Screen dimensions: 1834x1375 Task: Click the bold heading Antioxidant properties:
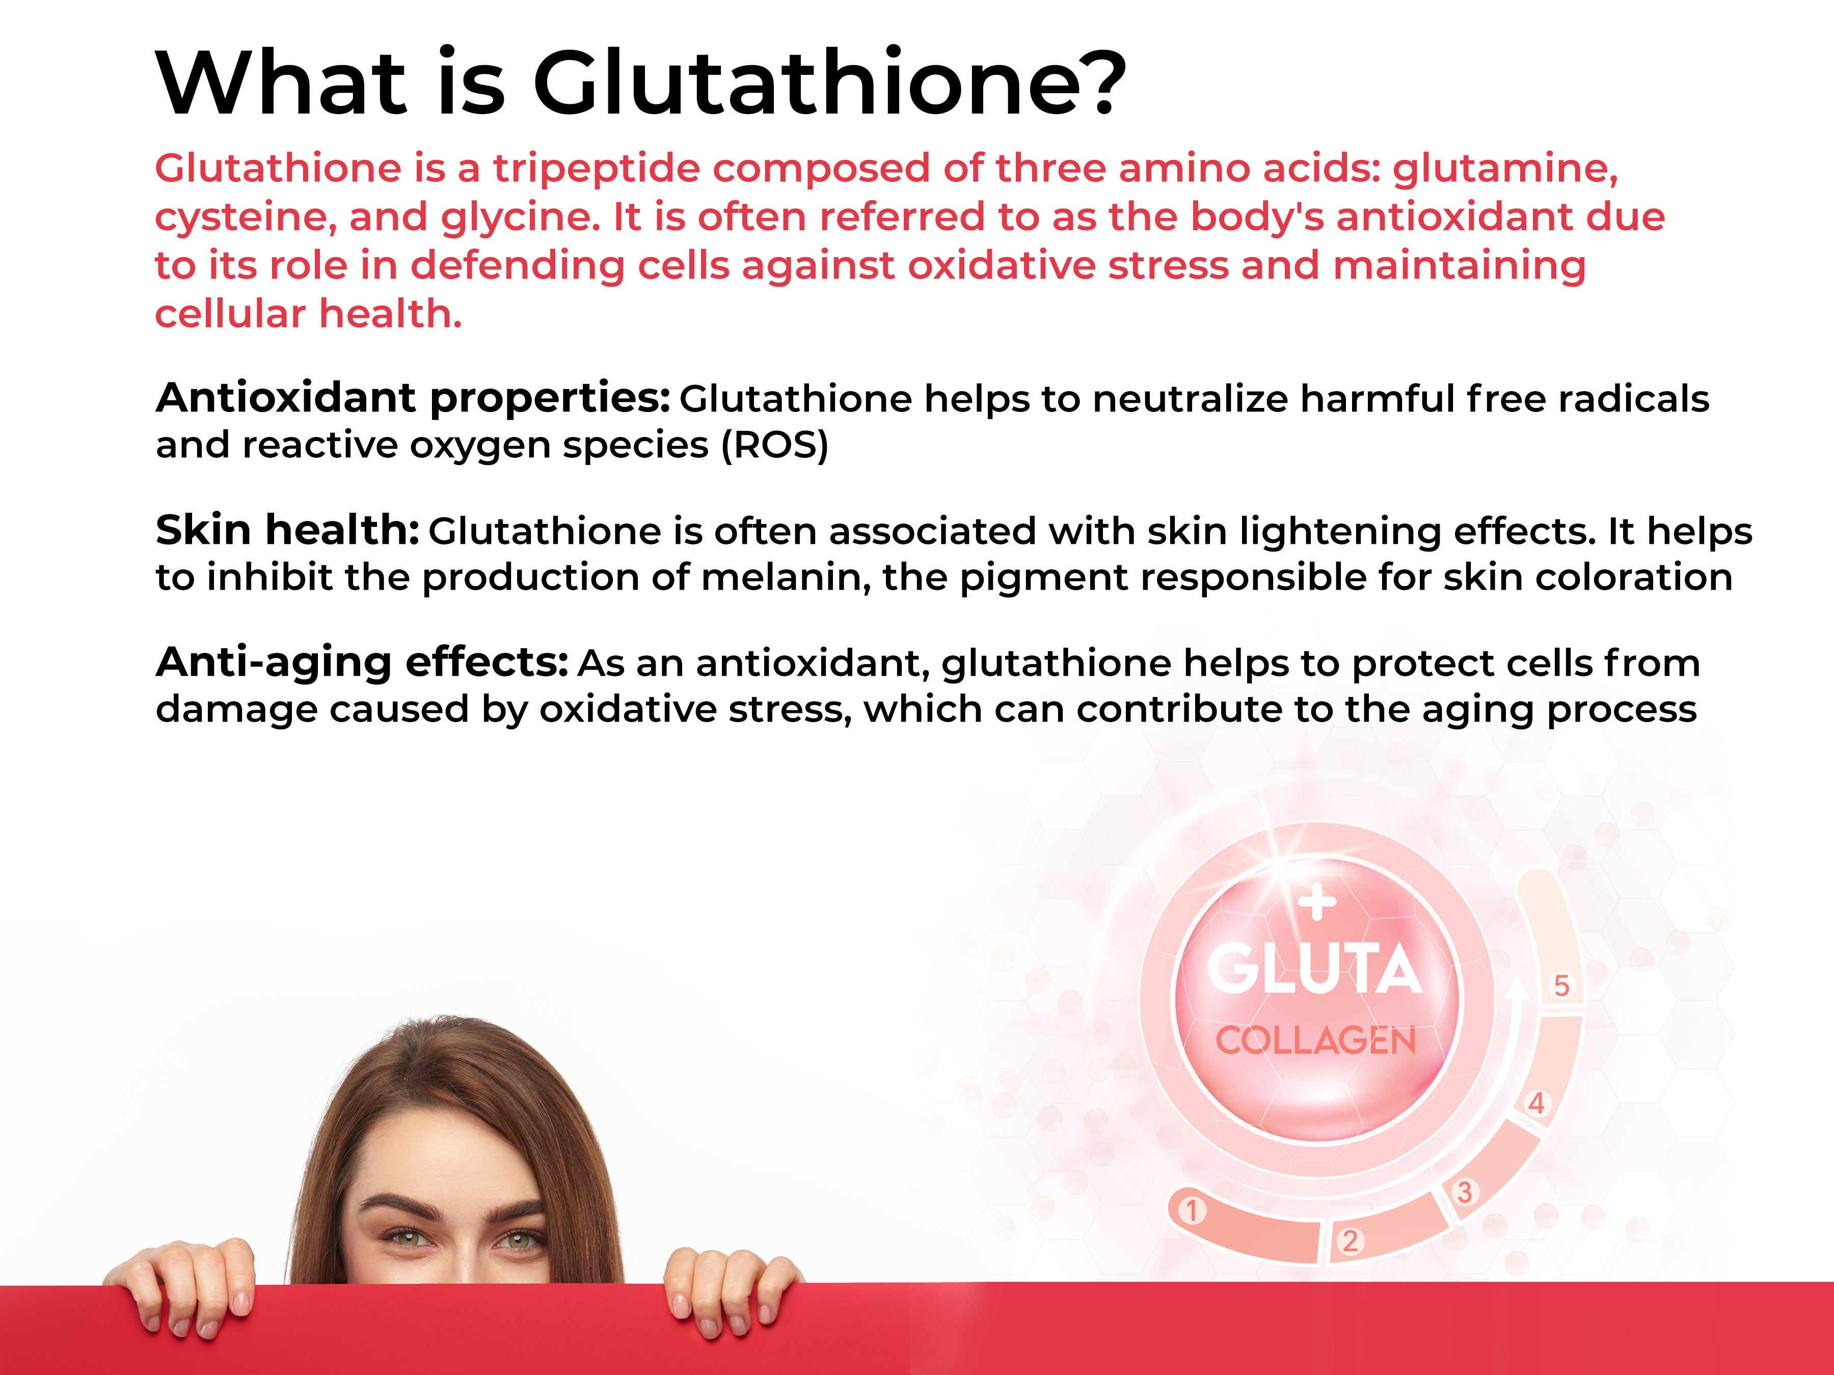click(413, 398)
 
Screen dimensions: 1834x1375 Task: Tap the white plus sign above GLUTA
click(1317, 902)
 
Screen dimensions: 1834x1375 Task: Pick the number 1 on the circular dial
click(1192, 1211)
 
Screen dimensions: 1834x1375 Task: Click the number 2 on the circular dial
click(1351, 1241)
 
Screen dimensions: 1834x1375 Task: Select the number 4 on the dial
click(1536, 1103)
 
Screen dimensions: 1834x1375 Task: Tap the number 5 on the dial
click(1561, 985)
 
